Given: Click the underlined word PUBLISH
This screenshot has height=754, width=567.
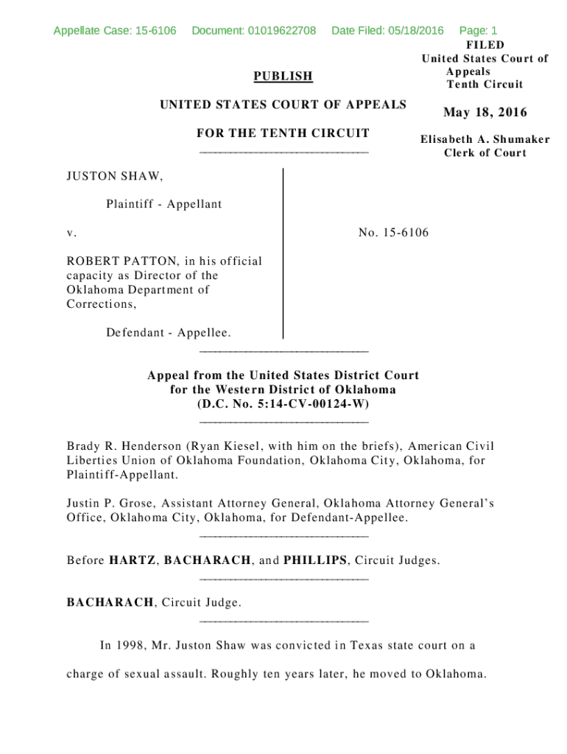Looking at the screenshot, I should (x=283, y=77).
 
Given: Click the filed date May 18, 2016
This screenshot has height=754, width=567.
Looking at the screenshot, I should (x=485, y=113).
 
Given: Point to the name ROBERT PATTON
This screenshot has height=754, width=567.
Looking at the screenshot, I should (x=122, y=261).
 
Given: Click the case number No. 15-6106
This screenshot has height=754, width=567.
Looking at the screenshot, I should (x=393, y=233).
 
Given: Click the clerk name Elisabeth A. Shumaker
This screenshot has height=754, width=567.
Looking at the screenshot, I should (x=485, y=139).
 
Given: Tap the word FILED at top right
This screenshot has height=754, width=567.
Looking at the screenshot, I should (x=485, y=46).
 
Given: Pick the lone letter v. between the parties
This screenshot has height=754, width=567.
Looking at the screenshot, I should (x=71, y=233).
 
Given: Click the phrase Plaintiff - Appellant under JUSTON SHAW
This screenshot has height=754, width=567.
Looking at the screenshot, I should (x=163, y=204).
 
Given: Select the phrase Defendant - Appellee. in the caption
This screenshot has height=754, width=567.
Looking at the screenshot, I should (x=168, y=333).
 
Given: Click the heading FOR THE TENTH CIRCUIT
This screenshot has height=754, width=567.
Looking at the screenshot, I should (x=283, y=133).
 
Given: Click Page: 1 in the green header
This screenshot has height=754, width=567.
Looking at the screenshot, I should (x=478, y=31).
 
